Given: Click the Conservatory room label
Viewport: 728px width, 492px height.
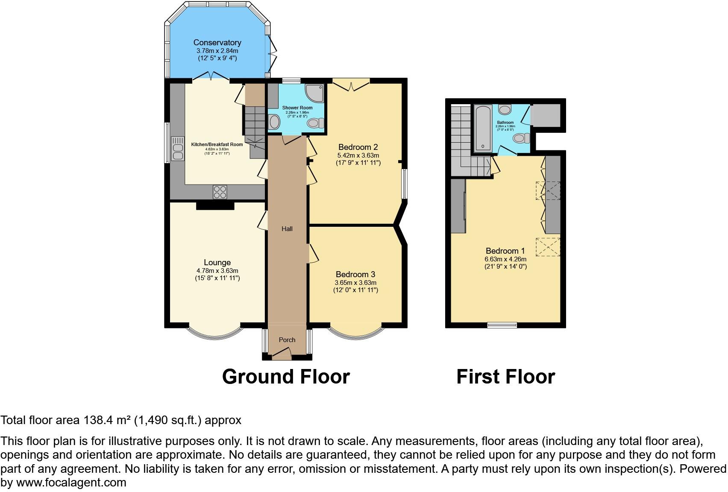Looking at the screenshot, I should pos(217,42).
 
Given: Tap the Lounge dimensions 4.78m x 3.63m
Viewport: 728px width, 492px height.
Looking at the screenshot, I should pos(217,271).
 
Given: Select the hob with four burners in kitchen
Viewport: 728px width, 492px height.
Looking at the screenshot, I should pos(220,192).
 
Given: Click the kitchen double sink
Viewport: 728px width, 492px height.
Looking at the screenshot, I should pos(177,148).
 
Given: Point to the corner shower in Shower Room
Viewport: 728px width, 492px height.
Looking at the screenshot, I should pos(315,93).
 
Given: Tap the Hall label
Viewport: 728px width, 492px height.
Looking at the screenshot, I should pos(287,229).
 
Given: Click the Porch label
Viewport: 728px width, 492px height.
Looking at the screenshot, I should pos(287,340).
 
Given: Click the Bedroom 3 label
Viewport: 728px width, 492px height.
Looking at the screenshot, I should pos(355,274).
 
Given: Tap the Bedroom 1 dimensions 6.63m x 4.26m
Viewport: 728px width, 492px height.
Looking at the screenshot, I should pos(505,259).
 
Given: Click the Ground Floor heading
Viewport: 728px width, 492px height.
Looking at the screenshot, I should pos(286,377).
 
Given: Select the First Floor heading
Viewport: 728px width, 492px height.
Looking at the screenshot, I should pos(505,377).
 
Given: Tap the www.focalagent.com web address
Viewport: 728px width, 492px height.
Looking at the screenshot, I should pos(71,483).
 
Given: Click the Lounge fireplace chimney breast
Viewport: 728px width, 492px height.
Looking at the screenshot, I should pos(215,205).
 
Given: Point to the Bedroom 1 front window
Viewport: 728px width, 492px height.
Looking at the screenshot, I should pos(502,325).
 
